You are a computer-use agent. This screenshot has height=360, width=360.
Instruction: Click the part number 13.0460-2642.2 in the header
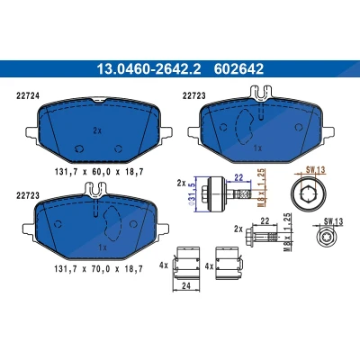[148, 68]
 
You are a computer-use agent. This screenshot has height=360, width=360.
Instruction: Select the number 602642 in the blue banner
[238, 68]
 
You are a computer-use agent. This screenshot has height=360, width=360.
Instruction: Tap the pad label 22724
[27, 95]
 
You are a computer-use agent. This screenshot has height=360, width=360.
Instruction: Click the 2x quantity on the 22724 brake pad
[97, 130]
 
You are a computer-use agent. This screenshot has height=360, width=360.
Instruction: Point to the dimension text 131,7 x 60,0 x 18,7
[99, 172]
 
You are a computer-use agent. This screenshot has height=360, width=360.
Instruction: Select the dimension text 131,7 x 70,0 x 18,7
[99, 269]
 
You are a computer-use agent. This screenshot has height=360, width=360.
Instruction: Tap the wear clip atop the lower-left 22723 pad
[96, 190]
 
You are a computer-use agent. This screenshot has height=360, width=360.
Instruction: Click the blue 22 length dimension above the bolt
[238, 178]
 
